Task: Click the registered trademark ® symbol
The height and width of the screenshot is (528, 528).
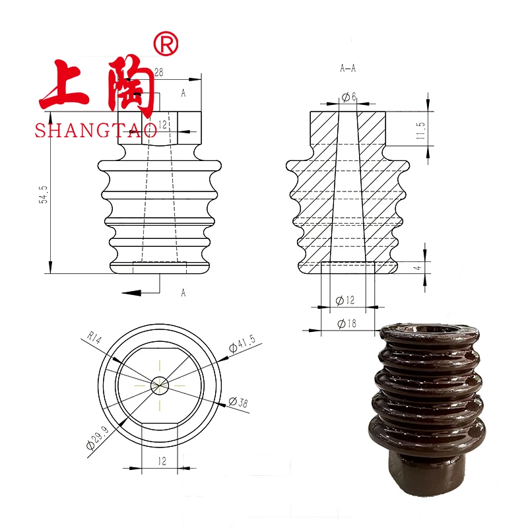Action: pyautogui.click(x=165, y=44)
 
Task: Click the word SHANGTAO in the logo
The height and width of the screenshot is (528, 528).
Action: pyautogui.click(x=96, y=130)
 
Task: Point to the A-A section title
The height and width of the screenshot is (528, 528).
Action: pyautogui.click(x=348, y=67)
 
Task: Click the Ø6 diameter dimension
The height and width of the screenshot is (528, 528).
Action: pyautogui.click(x=349, y=97)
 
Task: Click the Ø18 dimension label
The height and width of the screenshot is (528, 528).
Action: pyautogui.click(x=348, y=323)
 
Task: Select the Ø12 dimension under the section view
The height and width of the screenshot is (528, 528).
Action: pyautogui.click(x=346, y=300)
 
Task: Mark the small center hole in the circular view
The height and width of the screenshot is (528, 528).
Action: pyautogui.click(x=160, y=384)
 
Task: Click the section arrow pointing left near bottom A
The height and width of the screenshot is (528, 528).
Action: pyautogui.click(x=132, y=292)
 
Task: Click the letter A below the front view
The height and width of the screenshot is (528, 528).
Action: pyautogui.click(x=183, y=293)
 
